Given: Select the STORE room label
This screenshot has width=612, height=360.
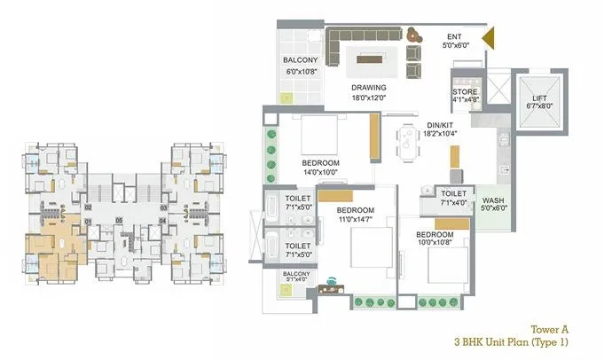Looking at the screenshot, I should point(466,92).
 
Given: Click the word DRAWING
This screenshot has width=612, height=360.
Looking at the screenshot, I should point(368,88).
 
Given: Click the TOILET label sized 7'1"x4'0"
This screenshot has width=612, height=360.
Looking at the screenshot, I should point(453,202).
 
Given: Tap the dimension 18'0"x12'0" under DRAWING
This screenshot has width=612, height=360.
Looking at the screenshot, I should point(368,98).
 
